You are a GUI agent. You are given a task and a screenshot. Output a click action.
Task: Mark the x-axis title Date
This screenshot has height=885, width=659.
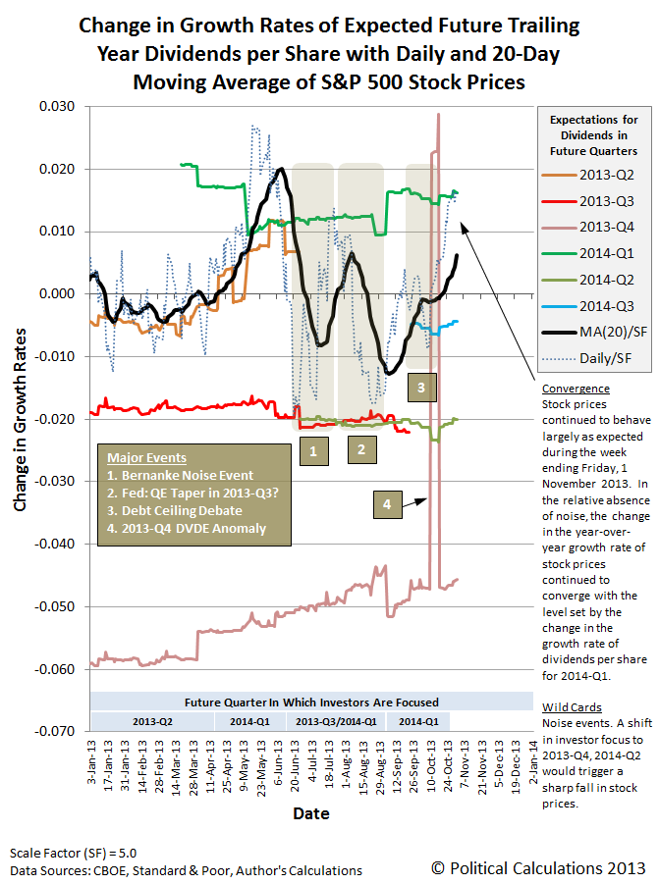pos(310,813)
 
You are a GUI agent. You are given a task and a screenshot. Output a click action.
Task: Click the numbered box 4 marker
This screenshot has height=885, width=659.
pos(387,504)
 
